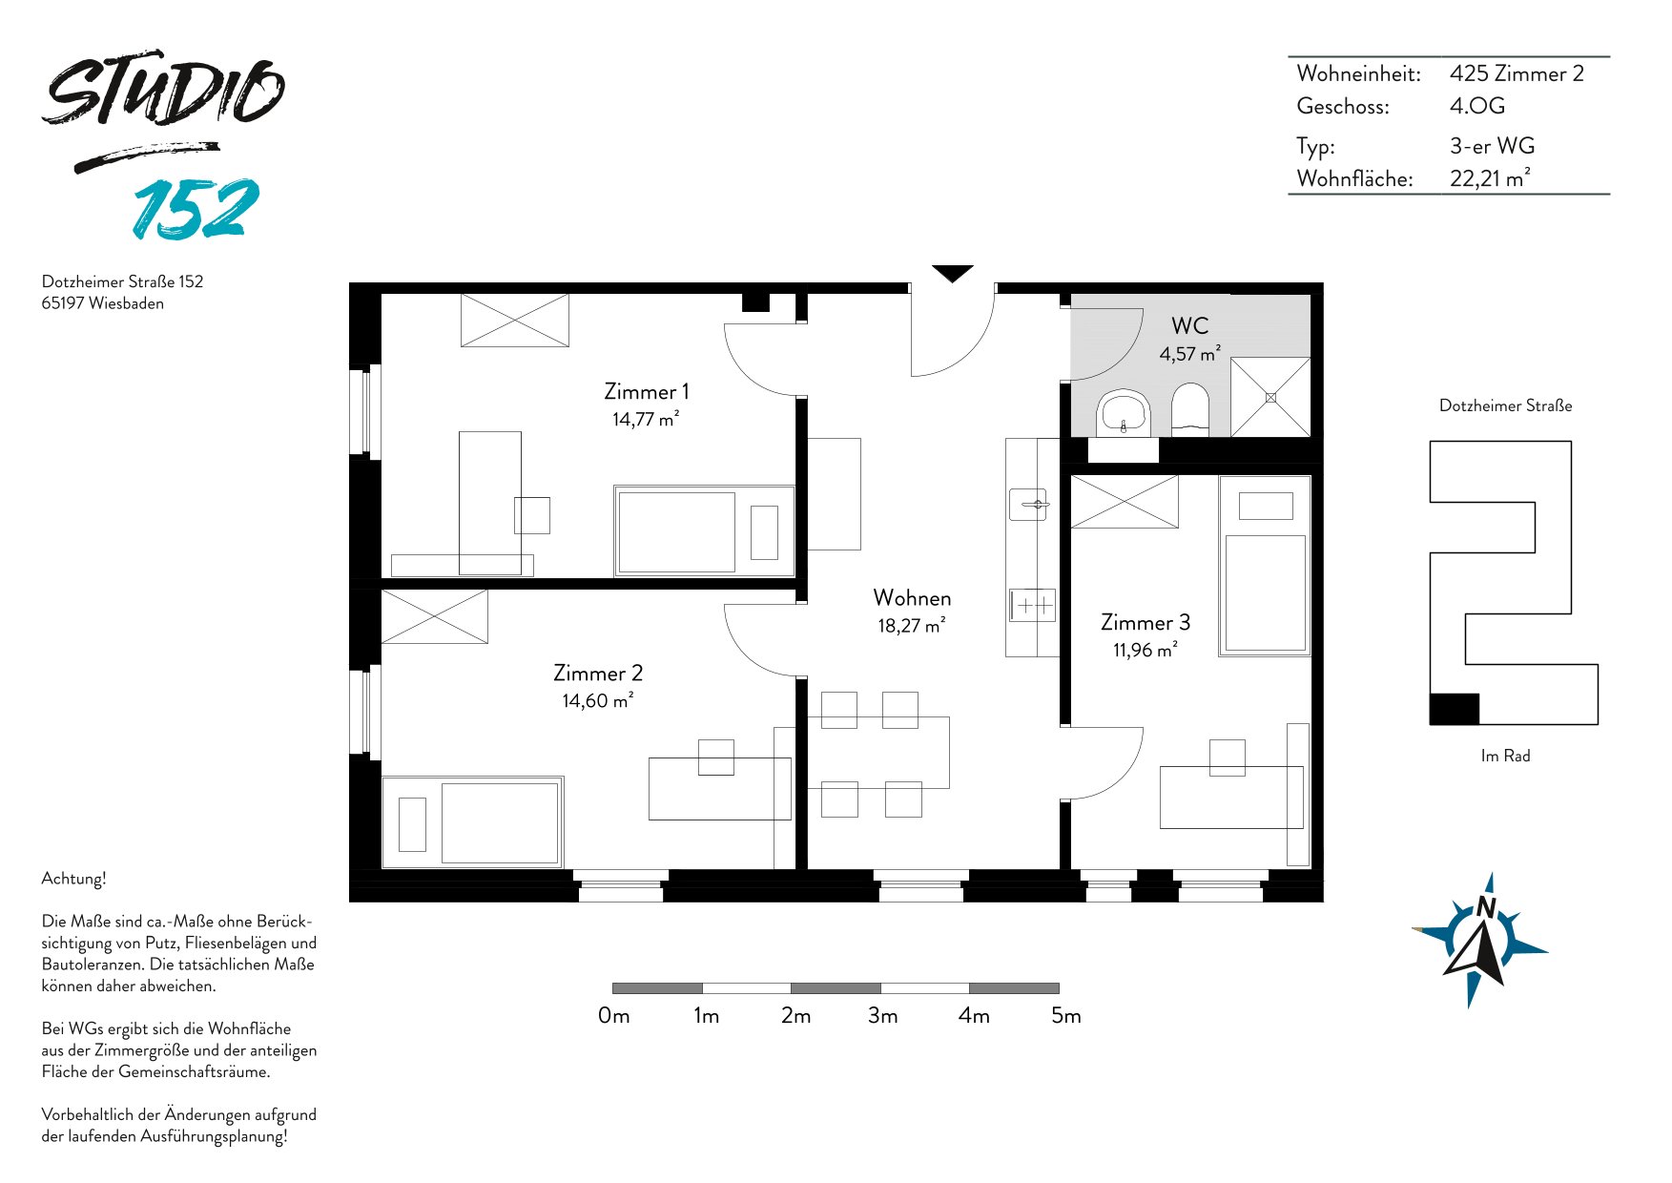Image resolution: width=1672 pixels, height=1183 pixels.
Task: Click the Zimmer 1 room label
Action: [x=646, y=391]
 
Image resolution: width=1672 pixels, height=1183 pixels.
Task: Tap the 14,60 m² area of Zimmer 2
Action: [x=598, y=700]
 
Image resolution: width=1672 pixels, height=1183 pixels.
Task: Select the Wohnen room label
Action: [x=912, y=598]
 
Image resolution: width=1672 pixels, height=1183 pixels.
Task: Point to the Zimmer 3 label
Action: [x=1145, y=622]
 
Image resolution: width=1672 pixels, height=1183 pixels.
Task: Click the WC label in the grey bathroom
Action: [x=1189, y=325]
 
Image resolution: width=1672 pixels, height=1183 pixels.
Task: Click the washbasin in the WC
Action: [x=1124, y=413]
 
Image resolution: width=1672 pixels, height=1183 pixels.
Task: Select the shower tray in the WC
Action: [x=1270, y=397]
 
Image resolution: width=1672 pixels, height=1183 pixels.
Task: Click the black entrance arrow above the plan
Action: [x=952, y=274]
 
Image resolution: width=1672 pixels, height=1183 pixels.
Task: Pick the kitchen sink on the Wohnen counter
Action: [x=1028, y=504]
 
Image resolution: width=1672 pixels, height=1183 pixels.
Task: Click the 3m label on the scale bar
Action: [x=883, y=1016]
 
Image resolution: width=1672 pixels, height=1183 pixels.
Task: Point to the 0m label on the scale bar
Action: [x=614, y=1016]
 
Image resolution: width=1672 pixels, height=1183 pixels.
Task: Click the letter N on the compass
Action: [x=1485, y=906]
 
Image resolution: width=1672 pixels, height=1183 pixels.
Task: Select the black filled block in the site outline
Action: [x=1455, y=709]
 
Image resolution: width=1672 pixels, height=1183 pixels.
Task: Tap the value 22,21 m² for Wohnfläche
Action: [x=1490, y=178]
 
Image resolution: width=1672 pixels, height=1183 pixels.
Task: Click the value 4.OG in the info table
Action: [x=1477, y=106]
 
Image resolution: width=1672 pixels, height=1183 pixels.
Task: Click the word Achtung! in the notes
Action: [x=73, y=879]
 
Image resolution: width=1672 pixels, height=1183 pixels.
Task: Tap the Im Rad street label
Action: [x=1505, y=756]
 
